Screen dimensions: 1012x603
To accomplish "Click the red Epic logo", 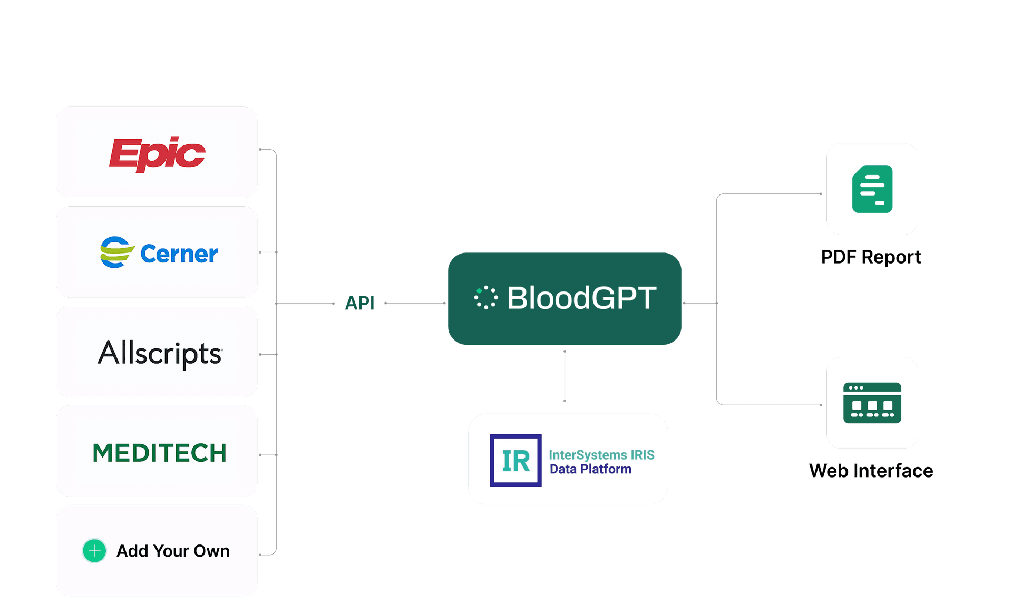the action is click(x=157, y=154).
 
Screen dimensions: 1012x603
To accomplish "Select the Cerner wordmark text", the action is click(x=179, y=254).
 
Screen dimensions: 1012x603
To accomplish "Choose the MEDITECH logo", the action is click(x=159, y=453).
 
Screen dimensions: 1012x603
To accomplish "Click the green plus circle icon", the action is click(x=94, y=551).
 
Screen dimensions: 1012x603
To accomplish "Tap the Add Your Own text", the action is click(x=173, y=551).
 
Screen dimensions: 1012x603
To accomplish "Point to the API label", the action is click(x=359, y=303).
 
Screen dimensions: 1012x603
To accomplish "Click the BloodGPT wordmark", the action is click(x=582, y=298).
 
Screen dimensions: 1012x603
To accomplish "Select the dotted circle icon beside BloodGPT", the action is click(x=485, y=297).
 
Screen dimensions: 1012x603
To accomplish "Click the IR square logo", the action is click(x=515, y=460).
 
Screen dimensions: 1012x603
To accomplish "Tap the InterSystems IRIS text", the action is click(x=601, y=454).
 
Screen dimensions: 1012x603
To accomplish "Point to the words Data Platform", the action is click(x=590, y=469).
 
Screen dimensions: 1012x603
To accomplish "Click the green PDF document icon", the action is click(x=872, y=189).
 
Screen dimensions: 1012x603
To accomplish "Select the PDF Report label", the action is click(x=871, y=257).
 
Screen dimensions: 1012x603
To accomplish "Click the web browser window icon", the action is click(x=872, y=403).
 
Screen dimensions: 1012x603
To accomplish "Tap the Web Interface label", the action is click(x=871, y=470).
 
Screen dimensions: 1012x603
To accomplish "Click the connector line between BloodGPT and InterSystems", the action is click(x=565, y=376).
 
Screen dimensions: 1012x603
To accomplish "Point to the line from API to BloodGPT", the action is click(x=415, y=303).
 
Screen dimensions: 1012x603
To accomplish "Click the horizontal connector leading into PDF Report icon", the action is click(x=769, y=194).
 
